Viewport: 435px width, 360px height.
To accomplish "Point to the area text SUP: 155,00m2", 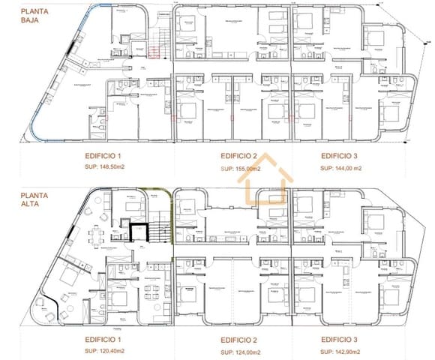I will click(x=241, y=169).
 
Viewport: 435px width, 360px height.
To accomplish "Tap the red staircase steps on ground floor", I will click(x=154, y=51).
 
